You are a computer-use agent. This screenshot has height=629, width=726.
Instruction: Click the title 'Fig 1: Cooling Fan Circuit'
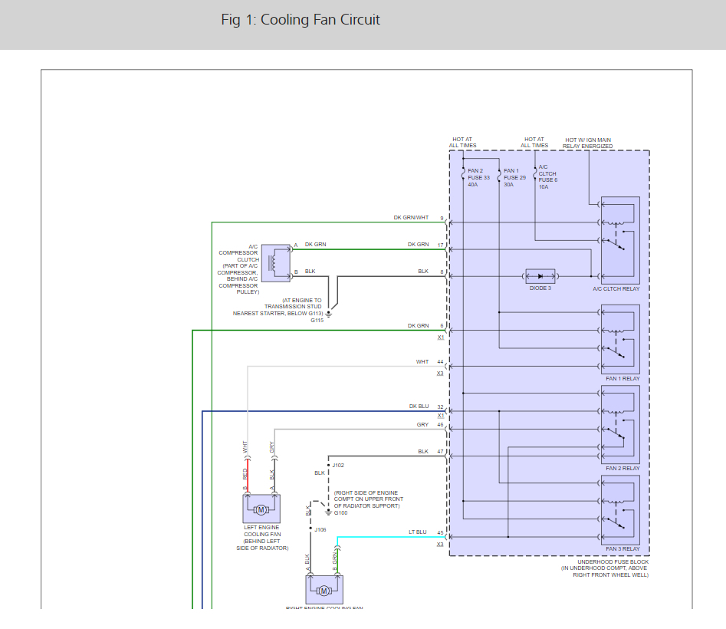click(x=300, y=20)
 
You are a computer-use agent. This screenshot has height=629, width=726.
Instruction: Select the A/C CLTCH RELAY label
click(x=616, y=289)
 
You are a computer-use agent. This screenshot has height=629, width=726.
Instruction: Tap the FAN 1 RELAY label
click(x=622, y=379)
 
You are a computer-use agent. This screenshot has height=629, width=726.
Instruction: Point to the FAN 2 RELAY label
click(x=622, y=469)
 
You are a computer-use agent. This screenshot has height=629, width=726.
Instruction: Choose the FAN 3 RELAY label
click(x=622, y=549)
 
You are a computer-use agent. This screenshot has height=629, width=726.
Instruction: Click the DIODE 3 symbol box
click(x=540, y=275)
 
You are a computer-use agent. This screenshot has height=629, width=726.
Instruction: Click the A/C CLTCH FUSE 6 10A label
click(x=547, y=176)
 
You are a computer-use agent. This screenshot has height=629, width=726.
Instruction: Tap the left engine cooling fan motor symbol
click(x=261, y=509)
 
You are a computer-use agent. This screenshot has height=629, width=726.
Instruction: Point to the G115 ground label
click(x=318, y=321)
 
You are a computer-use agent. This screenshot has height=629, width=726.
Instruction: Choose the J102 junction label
click(x=338, y=465)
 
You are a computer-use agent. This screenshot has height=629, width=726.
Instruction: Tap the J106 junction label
click(x=320, y=529)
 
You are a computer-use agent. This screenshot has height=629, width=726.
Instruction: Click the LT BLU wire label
click(x=418, y=532)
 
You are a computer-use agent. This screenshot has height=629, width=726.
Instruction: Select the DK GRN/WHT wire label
click(x=411, y=218)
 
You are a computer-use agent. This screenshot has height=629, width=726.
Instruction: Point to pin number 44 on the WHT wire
click(x=440, y=361)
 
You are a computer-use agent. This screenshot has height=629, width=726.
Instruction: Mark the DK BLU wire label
click(x=418, y=407)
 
